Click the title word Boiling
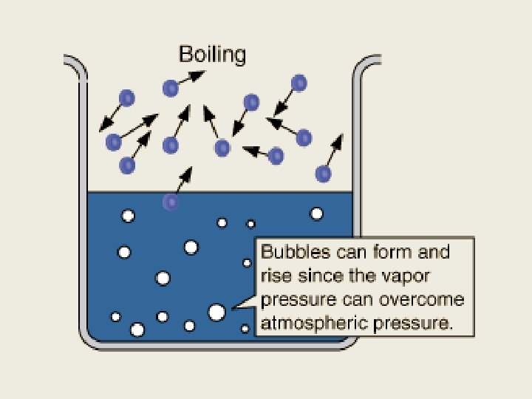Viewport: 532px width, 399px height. (213, 54)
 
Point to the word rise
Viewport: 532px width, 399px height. (274, 276)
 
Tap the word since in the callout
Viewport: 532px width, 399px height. (318, 276)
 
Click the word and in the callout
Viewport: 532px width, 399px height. (434, 252)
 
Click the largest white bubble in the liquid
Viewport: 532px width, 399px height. (216, 312)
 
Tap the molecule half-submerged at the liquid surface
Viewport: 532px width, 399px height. (171, 201)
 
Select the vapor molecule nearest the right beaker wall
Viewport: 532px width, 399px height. (323, 174)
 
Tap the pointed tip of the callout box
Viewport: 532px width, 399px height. (233, 307)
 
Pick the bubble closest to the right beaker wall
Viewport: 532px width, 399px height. (316, 214)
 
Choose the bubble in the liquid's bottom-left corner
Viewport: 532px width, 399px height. (116, 317)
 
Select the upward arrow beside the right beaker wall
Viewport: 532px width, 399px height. (337, 146)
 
